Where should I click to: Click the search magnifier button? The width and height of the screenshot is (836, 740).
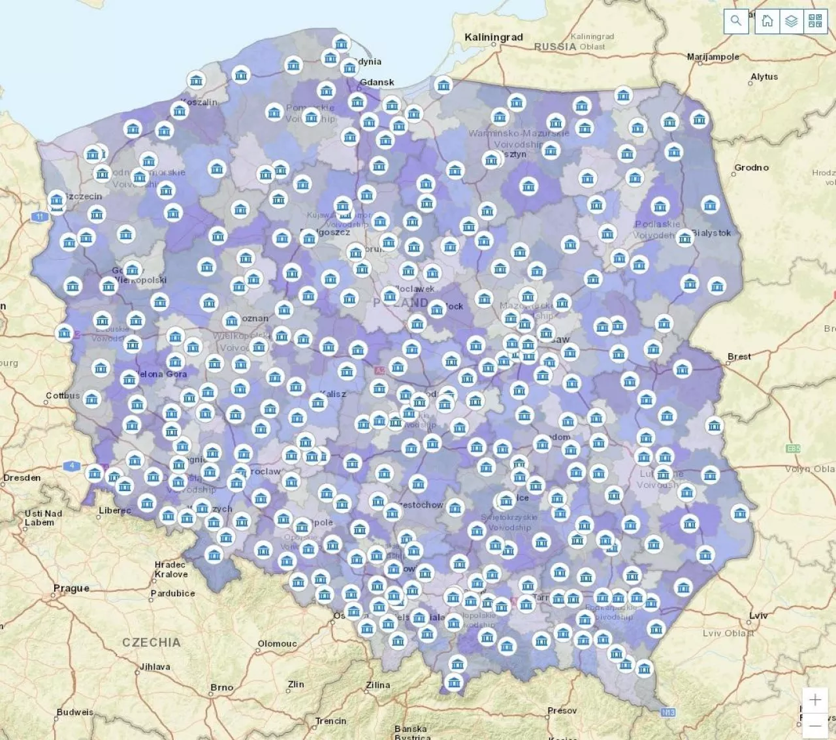[x=736, y=21]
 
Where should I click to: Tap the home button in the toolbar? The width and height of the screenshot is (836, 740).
[x=767, y=21]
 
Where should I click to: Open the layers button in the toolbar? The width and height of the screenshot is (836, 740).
[x=792, y=21]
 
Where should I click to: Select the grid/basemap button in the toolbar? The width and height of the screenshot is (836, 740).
[x=815, y=21]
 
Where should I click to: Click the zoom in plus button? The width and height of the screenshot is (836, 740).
[x=815, y=700]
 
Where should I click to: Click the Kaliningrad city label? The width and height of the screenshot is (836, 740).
[x=493, y=37]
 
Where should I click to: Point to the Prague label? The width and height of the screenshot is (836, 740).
[x=71, y=588]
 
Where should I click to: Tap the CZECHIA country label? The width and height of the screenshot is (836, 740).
[x=151, y=642]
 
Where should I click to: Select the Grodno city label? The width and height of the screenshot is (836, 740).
[x=752, y=168]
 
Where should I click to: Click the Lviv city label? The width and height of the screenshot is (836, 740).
[x=758, y=615]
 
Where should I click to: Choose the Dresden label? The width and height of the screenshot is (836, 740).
[x=22, y=477]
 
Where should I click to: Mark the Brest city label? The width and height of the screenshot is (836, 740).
[x=739, y=357]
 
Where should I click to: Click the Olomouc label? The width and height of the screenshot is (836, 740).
[x=277, y=643]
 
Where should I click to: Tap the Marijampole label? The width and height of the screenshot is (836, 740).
[x=713, y=57]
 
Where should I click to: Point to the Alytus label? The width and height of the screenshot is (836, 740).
[x=764, y=76]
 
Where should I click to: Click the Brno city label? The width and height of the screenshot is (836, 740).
[x=222, y=687]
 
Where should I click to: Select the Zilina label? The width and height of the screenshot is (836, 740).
[x=378, y=685]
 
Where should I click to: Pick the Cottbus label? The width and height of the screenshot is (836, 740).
[x=63, y=396]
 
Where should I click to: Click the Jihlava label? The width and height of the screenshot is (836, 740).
[x=155, y=667]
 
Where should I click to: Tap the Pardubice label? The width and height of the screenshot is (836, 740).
[x=172, y=593]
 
